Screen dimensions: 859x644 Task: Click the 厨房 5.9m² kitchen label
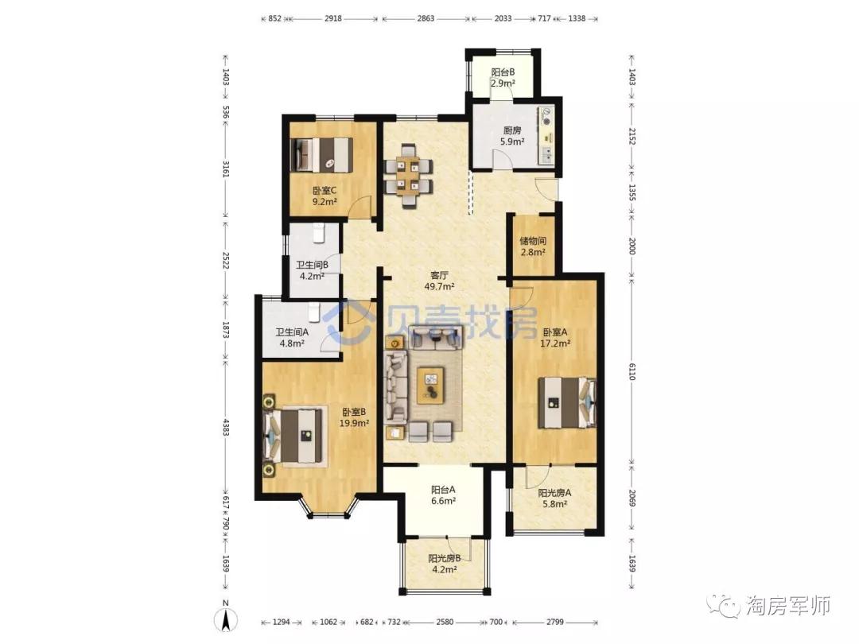pyautogui.click(x=512, y=136)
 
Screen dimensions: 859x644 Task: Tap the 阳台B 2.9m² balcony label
pyautogui.click(x=503, y=78)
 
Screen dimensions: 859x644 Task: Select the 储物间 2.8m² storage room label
pyautogui.click(x=533, y=246)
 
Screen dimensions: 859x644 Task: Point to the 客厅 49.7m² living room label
pyautogui.click(x=439, y=281)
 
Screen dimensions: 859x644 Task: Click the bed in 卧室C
pyautogui.click(x=321, y=154)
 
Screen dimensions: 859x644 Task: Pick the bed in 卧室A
pyautogui.click(x=567, y=403)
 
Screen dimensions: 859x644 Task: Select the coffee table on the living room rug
pyautogui.click(x=430, y=385)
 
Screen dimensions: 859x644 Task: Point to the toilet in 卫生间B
pyautogui.click(x=319, y=233)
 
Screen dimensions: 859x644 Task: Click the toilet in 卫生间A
pyautogui.click(x=313, y=312)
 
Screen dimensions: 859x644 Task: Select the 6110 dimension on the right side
pyautogui.click(x=631, y=372)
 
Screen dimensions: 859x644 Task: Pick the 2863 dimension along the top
pyautogui.click(x=426, y=18)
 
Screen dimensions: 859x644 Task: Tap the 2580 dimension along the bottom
pyautogui.click(x=445, y=622)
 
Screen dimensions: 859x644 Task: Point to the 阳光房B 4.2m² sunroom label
pyautogui.click(x=445, y=564)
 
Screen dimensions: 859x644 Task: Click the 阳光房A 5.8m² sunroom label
pyautogui.click(x=554, y=499)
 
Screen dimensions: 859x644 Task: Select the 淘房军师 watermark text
pyautogui.click(x=788, y=606)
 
